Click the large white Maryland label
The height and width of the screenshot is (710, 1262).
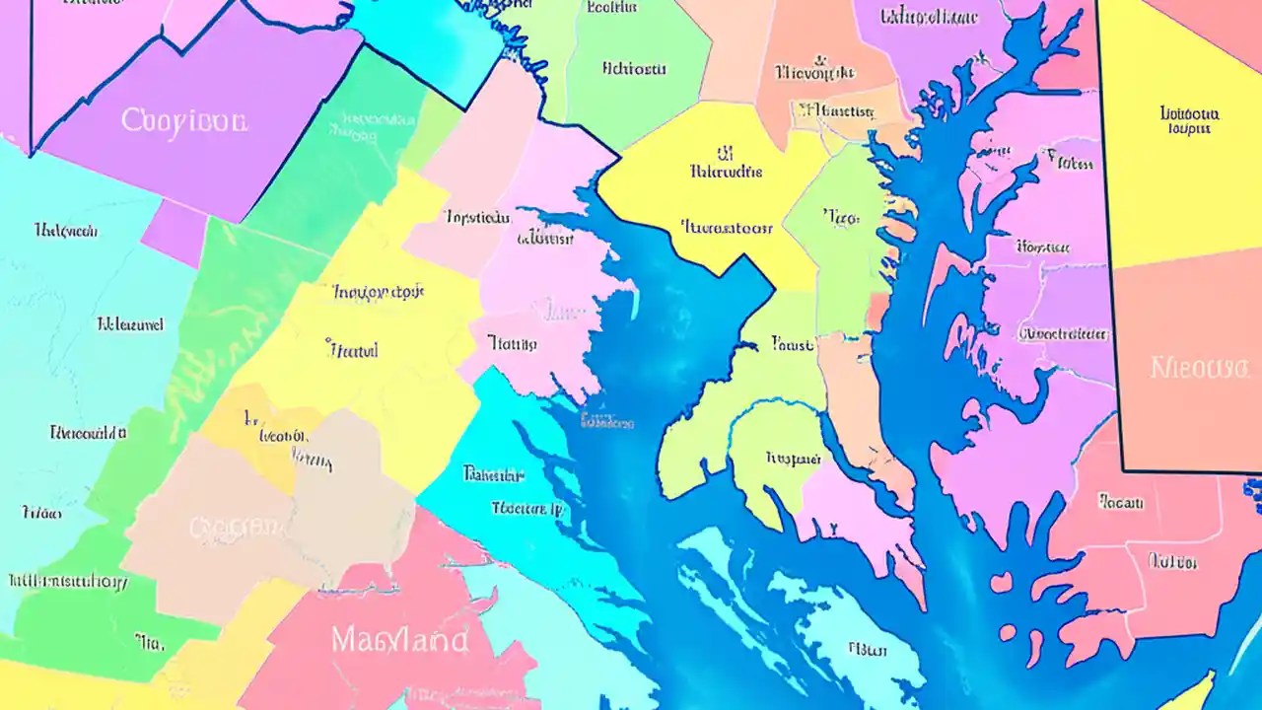coord(399,640)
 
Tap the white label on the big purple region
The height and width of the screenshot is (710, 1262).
coord(184,121)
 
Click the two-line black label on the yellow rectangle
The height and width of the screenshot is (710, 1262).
coord(1190,119)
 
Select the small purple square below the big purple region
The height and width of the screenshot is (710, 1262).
coord(173,233)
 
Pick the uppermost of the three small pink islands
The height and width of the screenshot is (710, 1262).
coord(1001,582)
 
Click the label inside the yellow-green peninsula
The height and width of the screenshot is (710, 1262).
coord(794,458)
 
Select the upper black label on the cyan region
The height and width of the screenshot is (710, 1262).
coord(493,474)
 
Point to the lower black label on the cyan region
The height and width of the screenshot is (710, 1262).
coord(526,509)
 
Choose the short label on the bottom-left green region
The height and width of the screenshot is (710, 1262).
coord(148,643)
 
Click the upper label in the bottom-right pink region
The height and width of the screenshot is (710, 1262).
coord(1121,502)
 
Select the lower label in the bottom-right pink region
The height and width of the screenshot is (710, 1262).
coord(1172,561)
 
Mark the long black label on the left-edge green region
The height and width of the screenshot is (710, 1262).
coord(66,582)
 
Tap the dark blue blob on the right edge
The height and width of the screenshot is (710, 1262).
coord(1253,486)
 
